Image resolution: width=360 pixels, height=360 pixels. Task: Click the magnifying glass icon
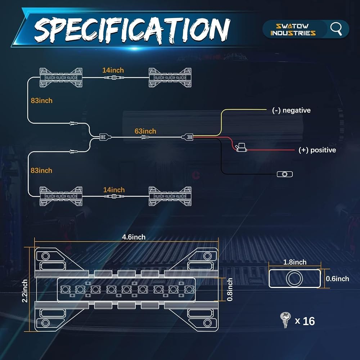pyautogui.click(x=336, y=29)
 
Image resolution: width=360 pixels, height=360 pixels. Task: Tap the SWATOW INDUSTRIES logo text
pyautogui.click(x=293, y=30)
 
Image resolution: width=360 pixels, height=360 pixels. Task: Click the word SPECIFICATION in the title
pyautogui.click(x=132, y=30)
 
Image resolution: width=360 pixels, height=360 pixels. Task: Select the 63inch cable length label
pyautogui.click(x=145, y=131)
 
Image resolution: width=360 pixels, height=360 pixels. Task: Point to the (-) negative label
pyautogui.click(x=291, y=110)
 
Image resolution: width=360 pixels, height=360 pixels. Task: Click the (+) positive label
pyautogui.click(x=317, y=150)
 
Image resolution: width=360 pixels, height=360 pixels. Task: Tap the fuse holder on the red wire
pyautogui.click(x=241, y=147)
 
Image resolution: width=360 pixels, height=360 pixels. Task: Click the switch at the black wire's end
pyautogui.click(x=285, y=174)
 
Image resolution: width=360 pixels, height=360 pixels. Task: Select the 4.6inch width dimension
pyautogui.click(x=134, y=237)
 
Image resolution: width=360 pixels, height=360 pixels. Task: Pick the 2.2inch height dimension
pyautogui.click(x=25, y=291)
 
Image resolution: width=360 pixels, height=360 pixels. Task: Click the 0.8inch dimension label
pyautogui.click(x=230, y=289)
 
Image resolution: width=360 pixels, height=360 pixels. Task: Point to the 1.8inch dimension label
pyautogui.click(x=295, y=262)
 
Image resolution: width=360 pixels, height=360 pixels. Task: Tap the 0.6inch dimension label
pyautogui.click(x=337, y=279)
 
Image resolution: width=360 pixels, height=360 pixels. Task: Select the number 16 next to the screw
pyautogui.click(x=309, y=321)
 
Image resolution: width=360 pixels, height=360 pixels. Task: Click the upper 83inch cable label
pyautogui.click(x=41, y=100)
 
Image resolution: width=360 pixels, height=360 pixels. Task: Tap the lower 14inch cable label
pyautogui.click(x=114, y=190)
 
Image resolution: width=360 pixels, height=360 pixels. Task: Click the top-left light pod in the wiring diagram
pyautogui.click(x=61, y=78)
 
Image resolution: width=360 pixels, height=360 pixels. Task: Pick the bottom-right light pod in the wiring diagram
pyautogui.click(x=170, y=196)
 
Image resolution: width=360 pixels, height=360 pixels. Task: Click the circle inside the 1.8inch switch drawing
pyautogui.click(x=294, y=279)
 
